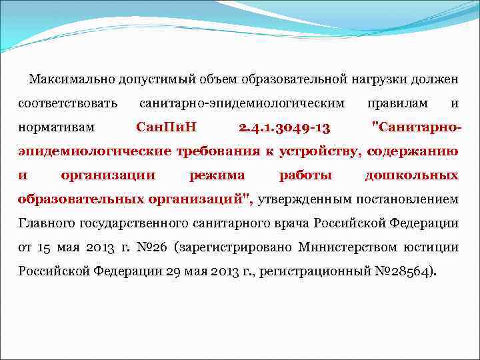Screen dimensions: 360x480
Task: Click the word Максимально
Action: pyautogui.click(x=71, y=80)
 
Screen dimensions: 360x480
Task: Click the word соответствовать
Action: pyautogui.click(x=68, y=104)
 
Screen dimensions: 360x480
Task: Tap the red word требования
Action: pyautogui.click(x=217, y=151)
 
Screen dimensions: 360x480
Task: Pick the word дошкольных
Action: pyautogui.click(x=411, y=175)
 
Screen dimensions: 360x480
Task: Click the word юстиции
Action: pyautogui.click(x=433, y=247)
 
